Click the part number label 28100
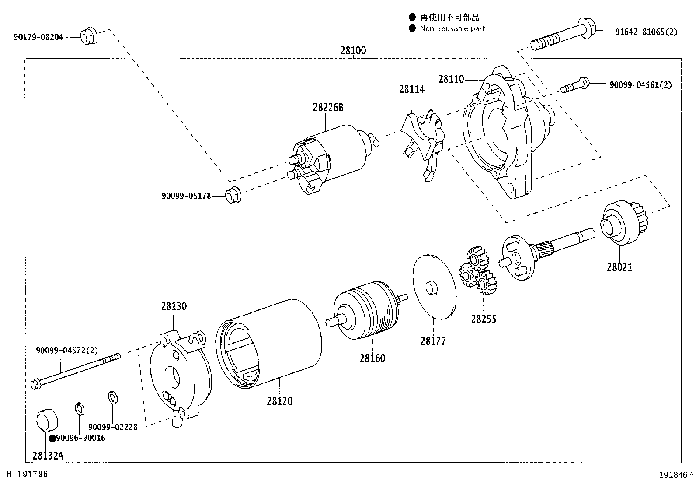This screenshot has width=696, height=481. (x=353, y=50)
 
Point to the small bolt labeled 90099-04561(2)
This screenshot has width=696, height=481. (x=575, y=84)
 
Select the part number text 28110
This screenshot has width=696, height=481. (x=451, y=79)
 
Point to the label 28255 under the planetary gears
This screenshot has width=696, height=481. (x=484, y=319)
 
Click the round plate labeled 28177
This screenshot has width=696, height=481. (x=434, y=286)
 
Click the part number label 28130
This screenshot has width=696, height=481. (x=174, y=306)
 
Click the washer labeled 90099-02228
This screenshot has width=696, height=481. (x=112, y=398)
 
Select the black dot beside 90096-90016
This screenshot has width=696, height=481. (x=52, y=438)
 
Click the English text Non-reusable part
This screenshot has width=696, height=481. (x=452, y=28)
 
